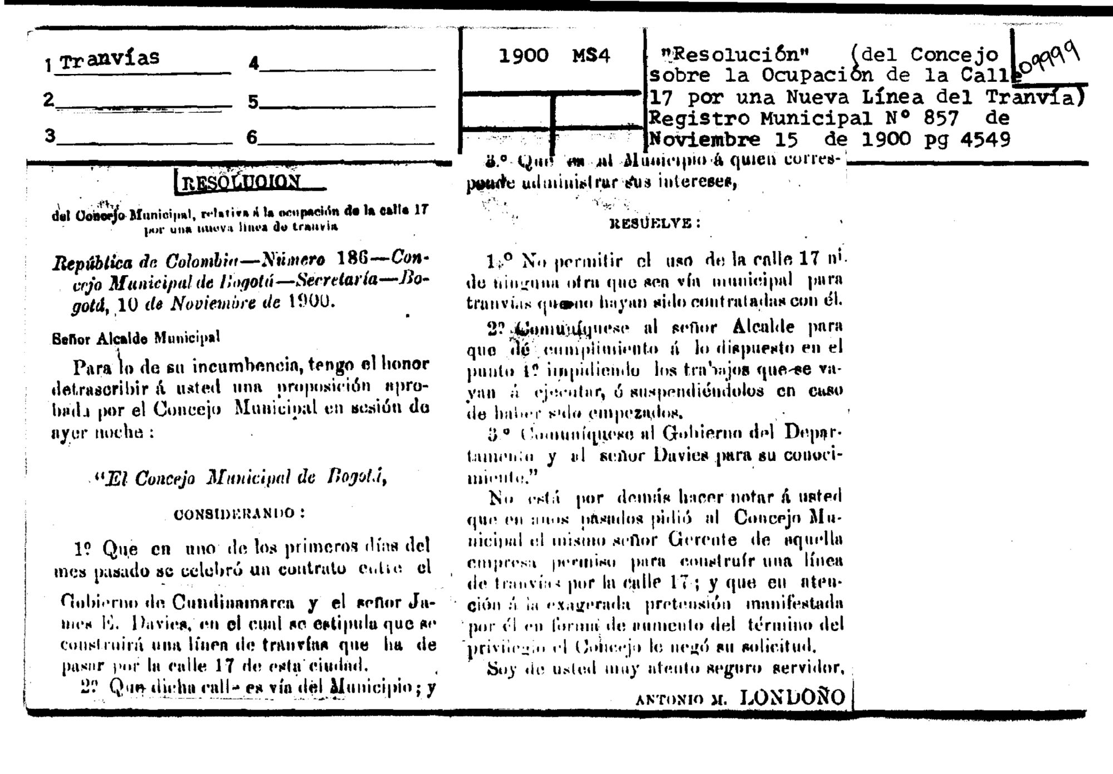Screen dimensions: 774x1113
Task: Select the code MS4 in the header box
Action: pyautogui.click(x=591, y=56)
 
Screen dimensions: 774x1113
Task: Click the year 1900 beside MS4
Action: pyautogui.click(x=523, y=56)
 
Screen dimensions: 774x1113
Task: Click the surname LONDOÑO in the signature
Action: pyautogui.click(x=792, y=698)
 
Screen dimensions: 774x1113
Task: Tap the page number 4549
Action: pyautogui.click(x=986, y=139)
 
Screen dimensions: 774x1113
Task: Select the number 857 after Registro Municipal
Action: pyautogui.click(x=941, y=118)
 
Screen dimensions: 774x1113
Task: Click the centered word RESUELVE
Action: pyautogui.click(x=654, y=224)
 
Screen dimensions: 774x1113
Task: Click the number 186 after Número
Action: pyautogui.click(x=352, y=259)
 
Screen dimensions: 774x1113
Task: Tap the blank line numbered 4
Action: pyautogui.click(x=347, y=68)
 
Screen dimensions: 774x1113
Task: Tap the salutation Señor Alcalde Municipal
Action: pyautogui.click(x=136, y=338)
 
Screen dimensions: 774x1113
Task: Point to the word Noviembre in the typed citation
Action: pyautogui.click(x=705, y=139)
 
